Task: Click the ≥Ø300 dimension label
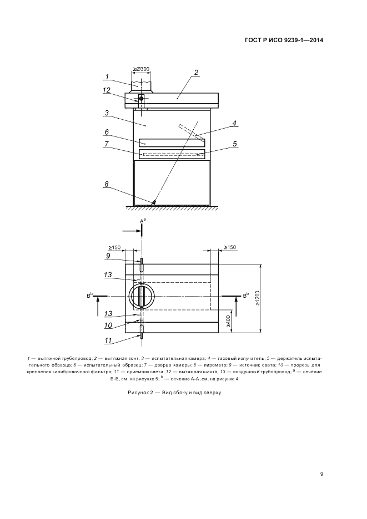pyautogui.click(x=141, y=69)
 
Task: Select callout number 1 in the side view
pyautogui.click(x=108, y=77)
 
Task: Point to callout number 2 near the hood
pyautogui.click(x=196, y=72)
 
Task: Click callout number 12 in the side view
pyautogui.click(x=107, y=90)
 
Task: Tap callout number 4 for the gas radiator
pyautogui.click(x=234, y=123)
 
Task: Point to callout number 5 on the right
pyautogui.click(x=235, y=144)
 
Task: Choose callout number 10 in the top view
pyautogui.click(x=108, y=325)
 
